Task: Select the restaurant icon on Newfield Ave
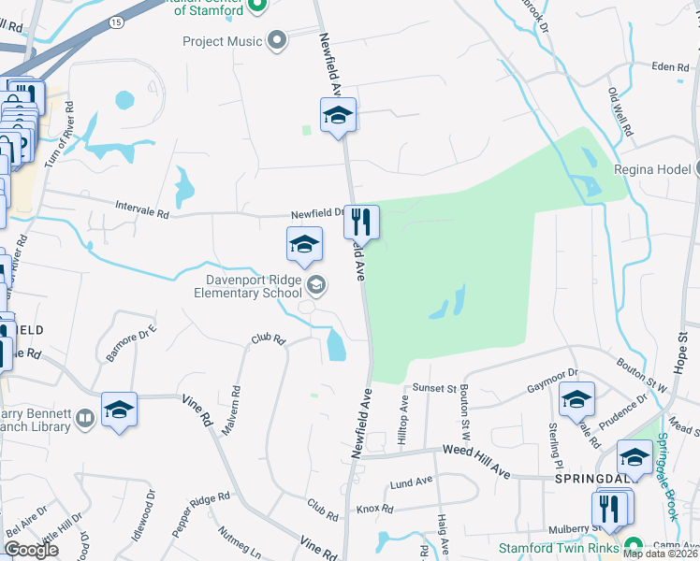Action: (361, 222)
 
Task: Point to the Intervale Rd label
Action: (142, 213)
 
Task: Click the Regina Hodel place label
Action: (652, 170)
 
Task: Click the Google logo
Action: (32, 550)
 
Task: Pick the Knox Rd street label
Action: (373, 510)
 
